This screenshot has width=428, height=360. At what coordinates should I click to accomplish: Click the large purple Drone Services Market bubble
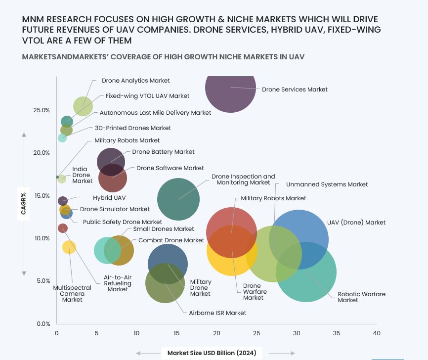click(230, 89)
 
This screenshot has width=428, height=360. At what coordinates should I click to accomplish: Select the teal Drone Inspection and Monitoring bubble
click(178, 199)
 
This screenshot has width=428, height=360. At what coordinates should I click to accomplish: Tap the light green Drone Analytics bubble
click(83, 106)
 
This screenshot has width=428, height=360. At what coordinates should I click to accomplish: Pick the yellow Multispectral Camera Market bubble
click(69, 247)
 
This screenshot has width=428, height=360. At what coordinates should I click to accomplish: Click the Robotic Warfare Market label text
click(361, 297)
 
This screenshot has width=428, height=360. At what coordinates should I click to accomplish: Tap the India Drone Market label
click(82, 175)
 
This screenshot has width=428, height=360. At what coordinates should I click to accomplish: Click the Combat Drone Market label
click(171, 240)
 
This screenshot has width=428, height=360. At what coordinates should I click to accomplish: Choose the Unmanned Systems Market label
click(327, 184)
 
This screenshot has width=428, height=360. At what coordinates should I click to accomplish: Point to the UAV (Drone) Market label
click(356, 223)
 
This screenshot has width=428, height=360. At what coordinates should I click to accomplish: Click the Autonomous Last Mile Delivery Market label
click(155, 113)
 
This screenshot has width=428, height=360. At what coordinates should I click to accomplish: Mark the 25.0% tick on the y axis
click(42, 110)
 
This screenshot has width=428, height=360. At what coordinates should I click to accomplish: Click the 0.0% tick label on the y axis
click(43, 324)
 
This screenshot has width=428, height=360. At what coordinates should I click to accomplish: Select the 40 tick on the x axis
click(376, 333)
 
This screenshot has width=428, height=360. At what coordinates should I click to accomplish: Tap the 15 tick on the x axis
click(176, 333)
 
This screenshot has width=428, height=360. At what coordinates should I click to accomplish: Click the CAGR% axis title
click(23, 204)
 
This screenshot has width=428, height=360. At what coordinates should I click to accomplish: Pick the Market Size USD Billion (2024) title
click(212, 353)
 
